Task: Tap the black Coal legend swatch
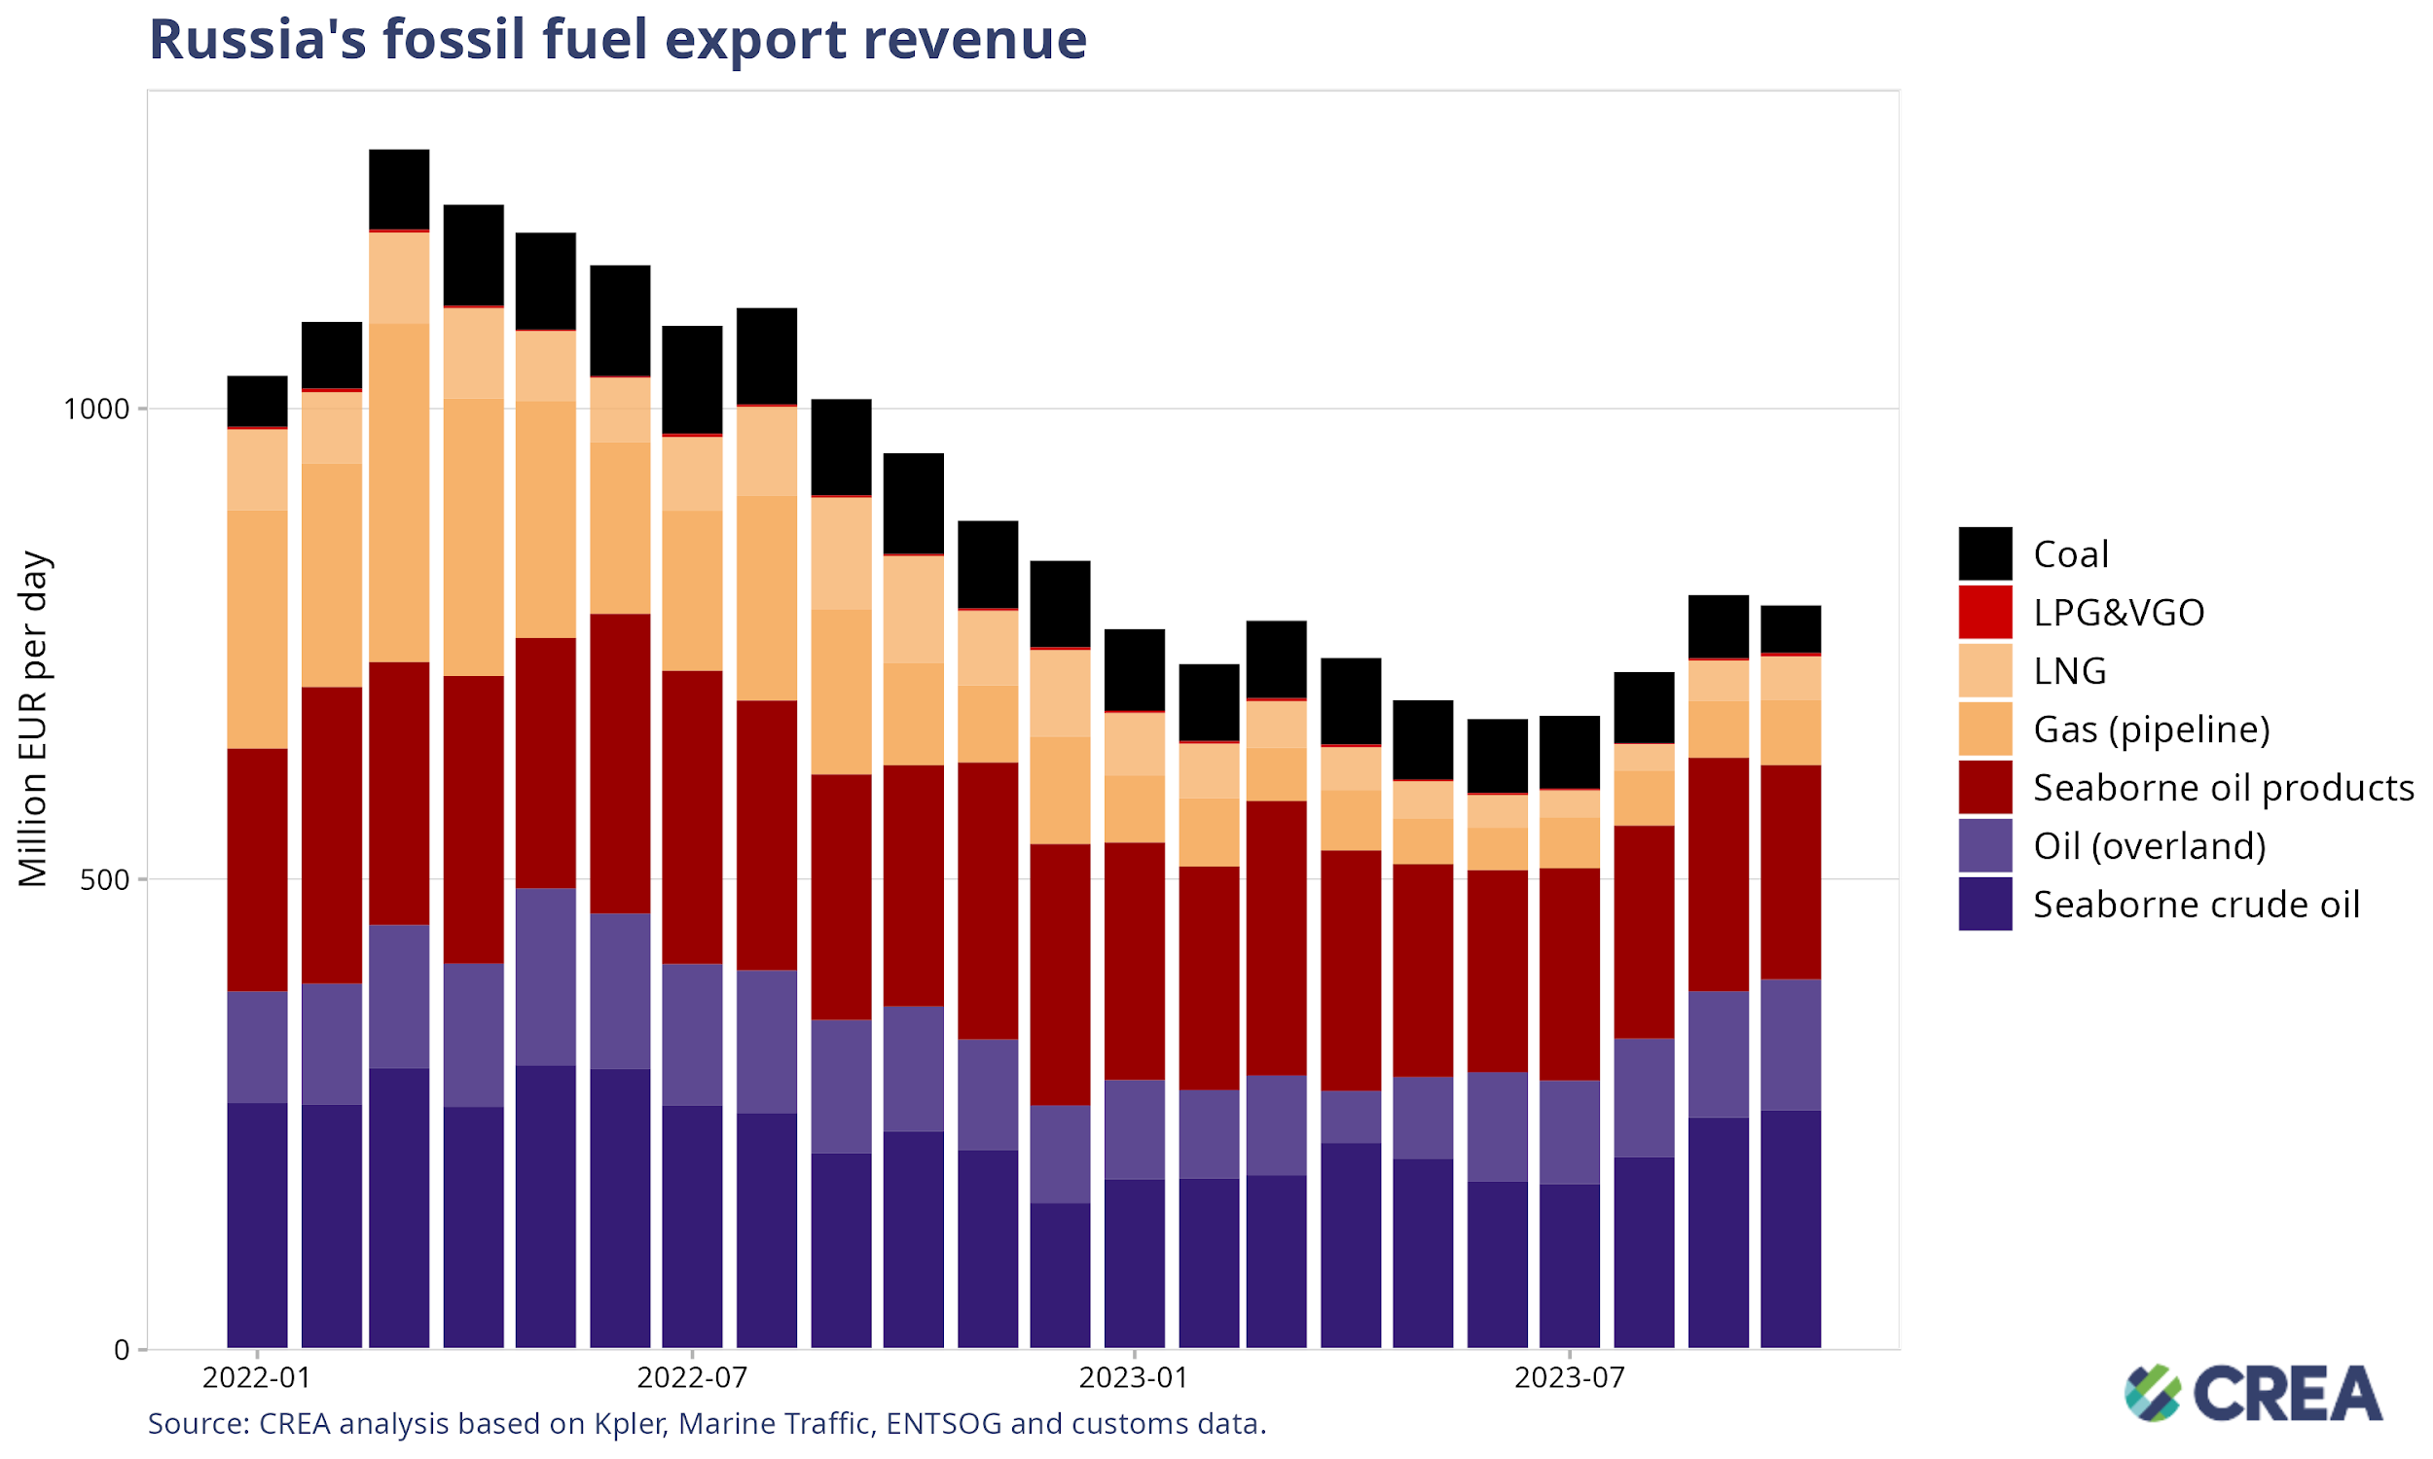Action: point(1984,553)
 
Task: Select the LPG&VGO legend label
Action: point(2118,613)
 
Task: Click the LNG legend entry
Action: point(2069,670)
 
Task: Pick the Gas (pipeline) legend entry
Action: point(2151,729)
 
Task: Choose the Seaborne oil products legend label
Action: point(2223,788)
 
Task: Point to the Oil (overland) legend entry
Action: point(2149,845)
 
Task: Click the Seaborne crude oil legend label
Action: point(2195,905)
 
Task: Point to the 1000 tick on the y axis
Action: point(96,408)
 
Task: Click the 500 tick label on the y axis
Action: point(105,880)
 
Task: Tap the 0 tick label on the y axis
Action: point(122,1350)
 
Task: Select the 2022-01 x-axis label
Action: point(257,1377)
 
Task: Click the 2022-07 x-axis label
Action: point(692,1377)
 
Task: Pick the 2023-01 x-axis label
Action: point(1134,1377)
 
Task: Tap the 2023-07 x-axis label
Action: point(1570,1377)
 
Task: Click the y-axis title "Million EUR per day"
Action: point(33,719)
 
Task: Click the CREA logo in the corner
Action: point(2252,1392)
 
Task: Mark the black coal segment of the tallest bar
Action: point(399,189)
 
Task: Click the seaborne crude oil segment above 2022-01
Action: point(257,1224)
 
